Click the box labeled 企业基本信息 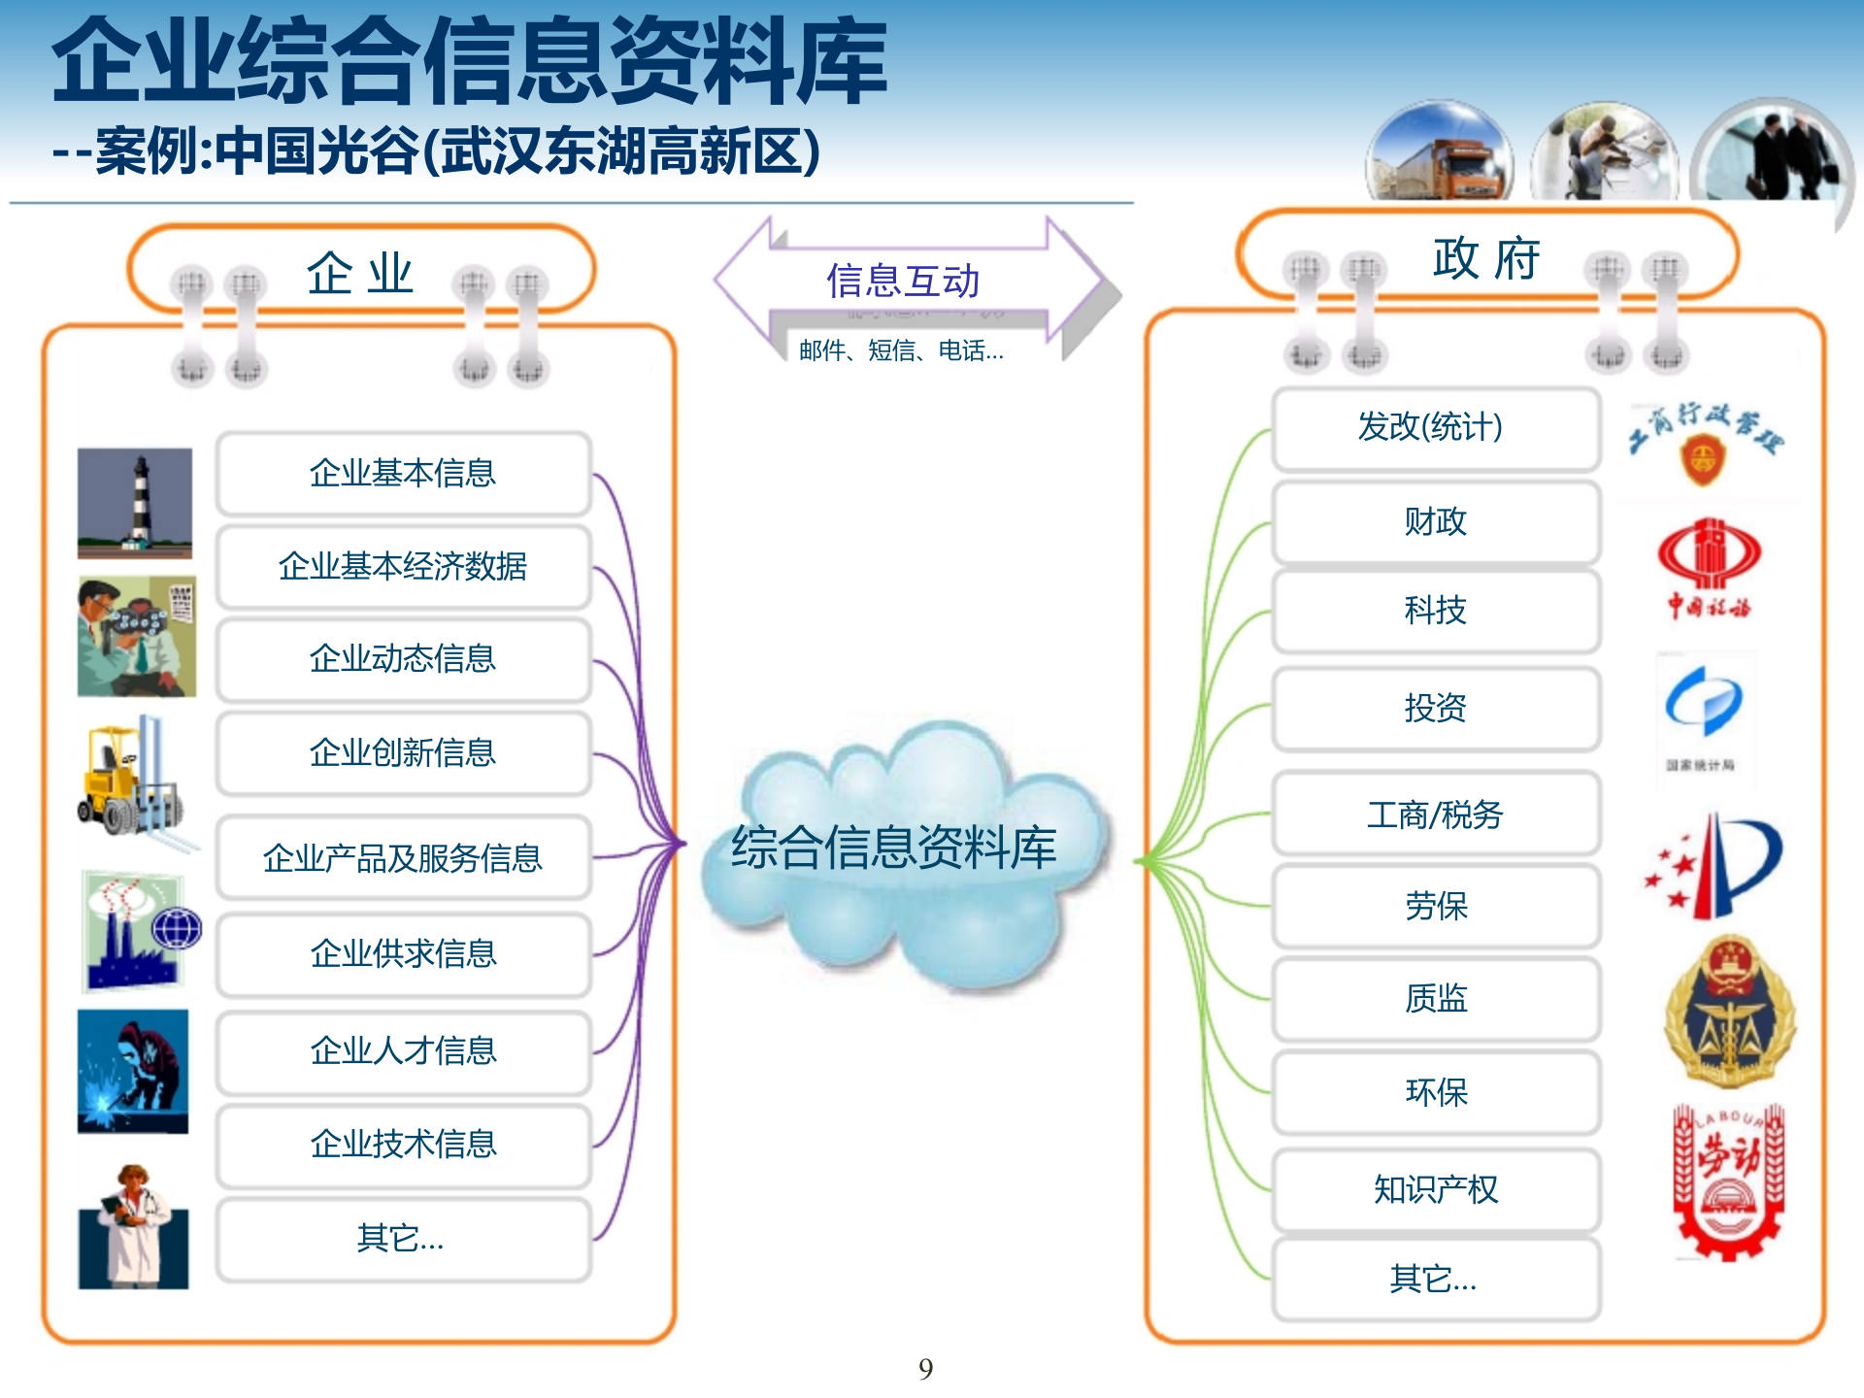[x=403, y=474]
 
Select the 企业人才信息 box [x=403, y=1050]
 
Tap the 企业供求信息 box [x=403, y=953]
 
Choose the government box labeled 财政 [x=1435, y=522]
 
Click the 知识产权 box [x=1435, y=1189]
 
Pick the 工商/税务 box [x=1435, y=815]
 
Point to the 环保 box [x=1435, y=1092]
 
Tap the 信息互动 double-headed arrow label [x=903, y=282]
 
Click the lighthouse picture [x=135, y=503]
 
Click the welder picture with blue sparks [x=133, y=1071]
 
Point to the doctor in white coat [x=133, y=1228]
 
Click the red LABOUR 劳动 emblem [x=1728, y=1180]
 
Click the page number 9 [x=925, y=1369]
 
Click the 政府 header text [x=1485, y=259]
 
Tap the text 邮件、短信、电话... [x=901, y=350]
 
